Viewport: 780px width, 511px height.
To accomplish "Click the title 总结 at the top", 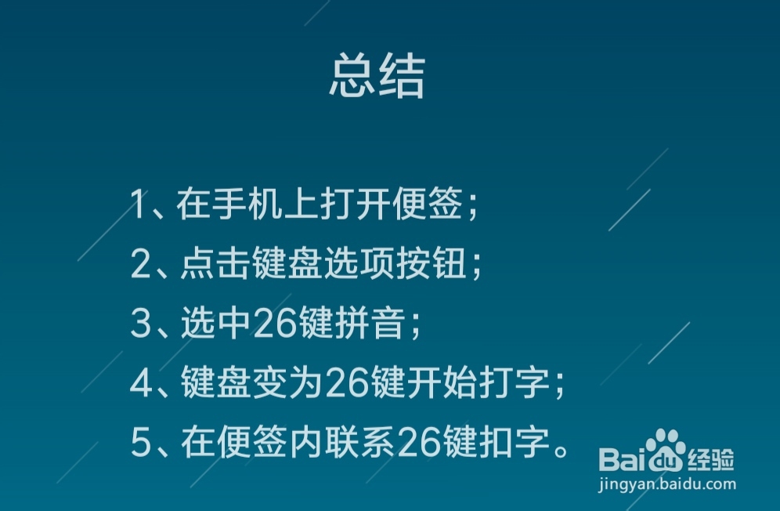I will (x=377, y=76).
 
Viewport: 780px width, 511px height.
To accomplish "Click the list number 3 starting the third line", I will (x=141, y=325).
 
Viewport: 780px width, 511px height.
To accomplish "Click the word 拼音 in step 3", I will (x=363, y=325).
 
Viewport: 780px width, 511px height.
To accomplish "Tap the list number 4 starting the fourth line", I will (x=141, y=385).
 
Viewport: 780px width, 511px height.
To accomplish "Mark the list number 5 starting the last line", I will (x=141, y=444).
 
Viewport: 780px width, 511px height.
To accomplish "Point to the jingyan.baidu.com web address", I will (x=666, y=484).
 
